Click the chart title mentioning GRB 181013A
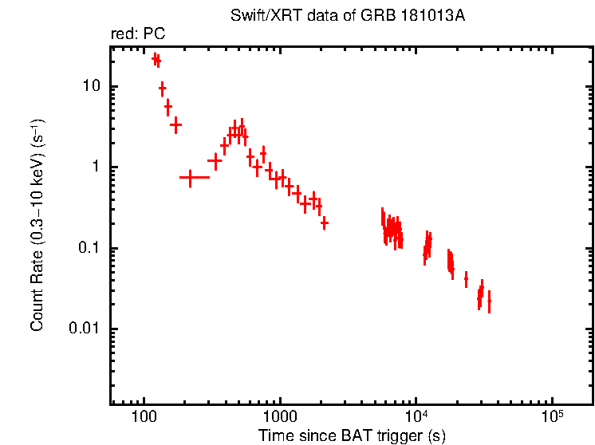346,15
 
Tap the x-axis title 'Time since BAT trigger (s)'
352,435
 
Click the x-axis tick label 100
144,416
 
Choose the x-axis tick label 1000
280,416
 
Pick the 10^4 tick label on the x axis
416,415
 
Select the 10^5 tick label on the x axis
552,415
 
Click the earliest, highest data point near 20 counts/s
156,57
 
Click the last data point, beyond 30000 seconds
489,301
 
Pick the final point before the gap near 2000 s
324,223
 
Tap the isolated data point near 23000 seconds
466,280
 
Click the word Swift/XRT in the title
257,15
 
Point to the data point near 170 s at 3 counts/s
175,124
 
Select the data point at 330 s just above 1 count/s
215,160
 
